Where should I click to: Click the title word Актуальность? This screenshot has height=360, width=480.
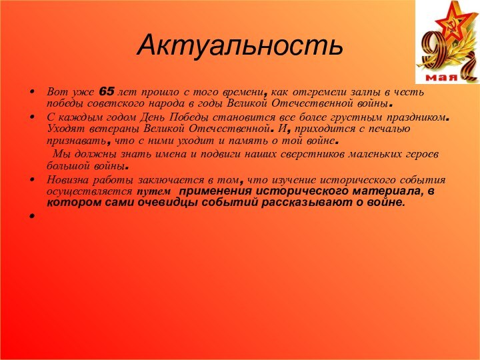[240, 45]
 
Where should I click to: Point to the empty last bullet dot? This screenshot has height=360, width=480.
[33, 217]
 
